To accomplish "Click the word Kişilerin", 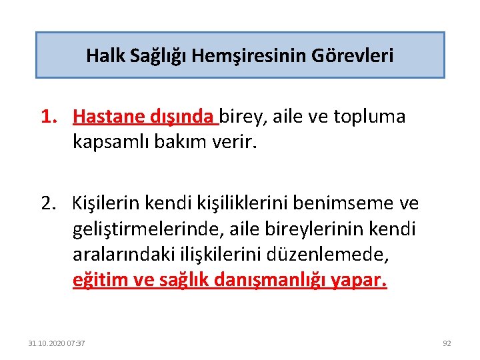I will (111, 201).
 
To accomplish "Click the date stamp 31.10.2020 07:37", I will (56, 343).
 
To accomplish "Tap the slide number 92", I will (447, 343).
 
